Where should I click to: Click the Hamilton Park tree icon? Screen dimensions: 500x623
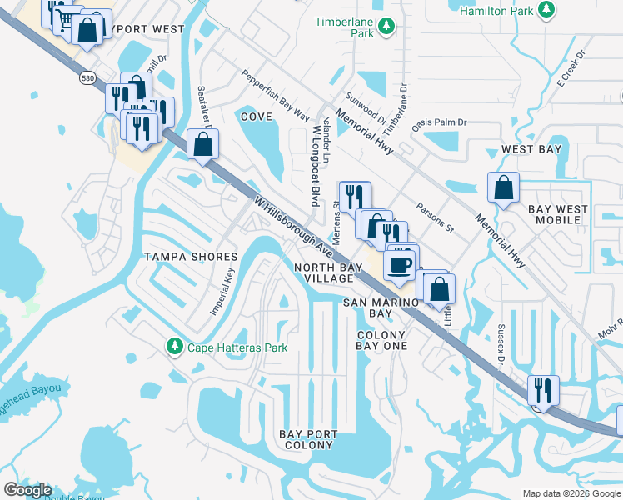click(546, 10)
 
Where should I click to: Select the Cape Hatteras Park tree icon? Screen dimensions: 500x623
click(174, 345)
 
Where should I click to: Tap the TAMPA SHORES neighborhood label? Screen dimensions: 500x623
click(185, 256)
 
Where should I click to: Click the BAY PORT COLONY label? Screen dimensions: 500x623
click(308, 440)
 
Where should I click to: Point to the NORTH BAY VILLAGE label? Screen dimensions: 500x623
click(328, 272)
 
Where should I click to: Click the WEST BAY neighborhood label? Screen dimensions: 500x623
click(531, 150)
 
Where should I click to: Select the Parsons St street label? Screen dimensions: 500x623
click(435, 216)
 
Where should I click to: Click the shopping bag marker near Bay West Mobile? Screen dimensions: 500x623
click(504, 187)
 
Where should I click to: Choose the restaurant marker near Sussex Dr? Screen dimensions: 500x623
click(542, 390)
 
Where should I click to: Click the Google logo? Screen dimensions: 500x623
click(27, 490)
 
